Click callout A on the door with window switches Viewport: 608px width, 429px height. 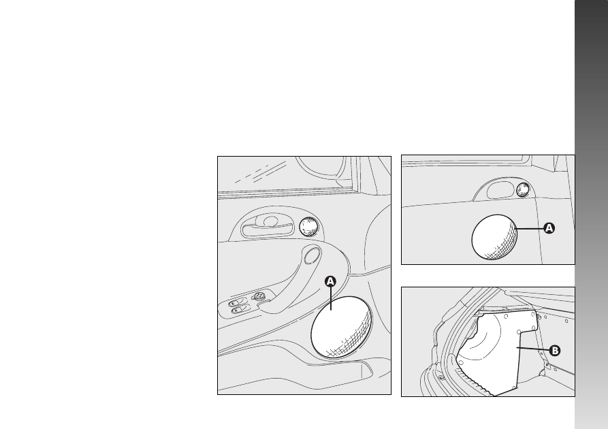click(330, 281)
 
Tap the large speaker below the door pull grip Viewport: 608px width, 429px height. click(341, 327)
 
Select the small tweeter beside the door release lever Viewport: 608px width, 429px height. click(308, 227)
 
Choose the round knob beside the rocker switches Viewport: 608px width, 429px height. click(259, 297)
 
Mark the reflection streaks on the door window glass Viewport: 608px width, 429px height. click(261, 172)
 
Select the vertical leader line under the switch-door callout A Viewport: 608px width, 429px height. click(331, 298)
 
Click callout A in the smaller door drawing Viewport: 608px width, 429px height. click(549, 228)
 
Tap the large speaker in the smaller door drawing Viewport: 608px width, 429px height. click(494, 236)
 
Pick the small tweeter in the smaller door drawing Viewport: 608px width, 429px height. click(523, 189)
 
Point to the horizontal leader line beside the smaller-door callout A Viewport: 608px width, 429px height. click(530, 229)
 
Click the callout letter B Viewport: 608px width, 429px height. click(555, 351)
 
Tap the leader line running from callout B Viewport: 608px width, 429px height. click(533, 349)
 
